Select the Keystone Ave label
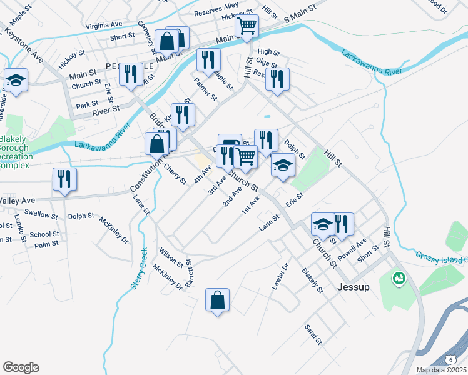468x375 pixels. point(25,47)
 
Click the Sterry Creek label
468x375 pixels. point(139,269)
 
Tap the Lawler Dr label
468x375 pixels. point(280,276)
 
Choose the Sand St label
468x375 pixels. point(313,334)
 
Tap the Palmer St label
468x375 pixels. point(205,89)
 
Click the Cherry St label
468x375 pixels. point(175,173)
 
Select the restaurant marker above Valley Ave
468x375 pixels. point(64,180)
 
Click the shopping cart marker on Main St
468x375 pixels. point(247,27)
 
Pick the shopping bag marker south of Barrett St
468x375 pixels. point(217,300)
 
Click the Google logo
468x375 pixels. point(21,367)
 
